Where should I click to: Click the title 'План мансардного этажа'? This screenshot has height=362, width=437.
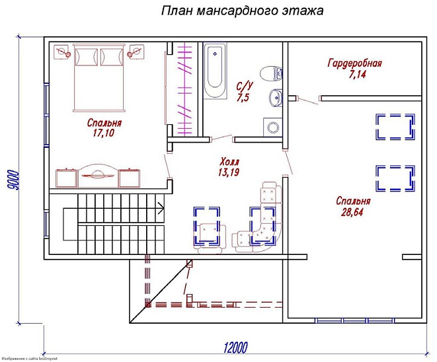pos(242,12)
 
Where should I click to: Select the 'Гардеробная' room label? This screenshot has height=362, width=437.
pos(355,63)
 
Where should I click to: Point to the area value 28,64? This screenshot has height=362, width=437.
pos(352,212)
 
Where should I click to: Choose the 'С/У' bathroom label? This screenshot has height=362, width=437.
pos(244,87)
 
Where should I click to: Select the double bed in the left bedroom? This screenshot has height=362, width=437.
pos(99,77)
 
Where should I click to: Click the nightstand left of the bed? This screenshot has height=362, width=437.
pos(63,51)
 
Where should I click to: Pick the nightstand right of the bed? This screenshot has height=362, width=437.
pos(137,51)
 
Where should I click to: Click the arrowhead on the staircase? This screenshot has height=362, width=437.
pos(160,209)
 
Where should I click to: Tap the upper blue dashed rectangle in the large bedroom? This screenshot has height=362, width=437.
pos(395,127)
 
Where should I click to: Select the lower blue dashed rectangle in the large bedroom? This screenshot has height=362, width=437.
pos(395,177)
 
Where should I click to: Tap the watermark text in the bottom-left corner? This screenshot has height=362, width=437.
pos(30,358)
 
